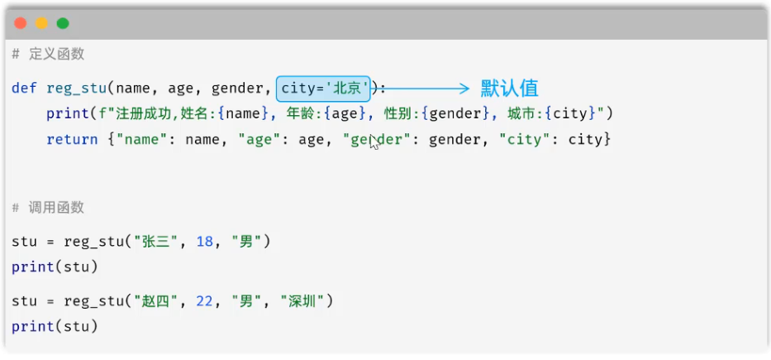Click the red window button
tap(20, 23)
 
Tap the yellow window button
tap(41, 23)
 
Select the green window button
tap(63, 23)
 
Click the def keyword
tap(25, 89)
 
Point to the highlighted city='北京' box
tap(323, 89)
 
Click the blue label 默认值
tap(509, 89)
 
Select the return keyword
tap(72, 140)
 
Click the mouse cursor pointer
tap(374, 142)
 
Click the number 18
tap(205, 242)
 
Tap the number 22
tap(205, 301)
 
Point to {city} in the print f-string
tap(570, 114)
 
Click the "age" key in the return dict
tap(260, 140)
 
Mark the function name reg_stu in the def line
tap(77, 89)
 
